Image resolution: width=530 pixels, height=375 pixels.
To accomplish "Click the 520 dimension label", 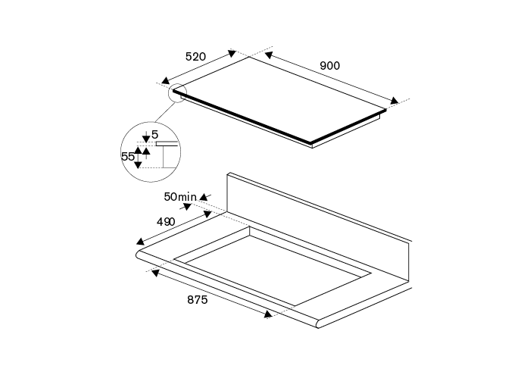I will coord(196,56).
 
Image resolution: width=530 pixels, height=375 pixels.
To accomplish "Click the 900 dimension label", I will coord(329,66).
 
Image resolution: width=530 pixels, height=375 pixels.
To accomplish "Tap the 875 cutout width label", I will coord(197,300).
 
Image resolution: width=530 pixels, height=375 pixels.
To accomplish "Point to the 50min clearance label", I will coord(180,197).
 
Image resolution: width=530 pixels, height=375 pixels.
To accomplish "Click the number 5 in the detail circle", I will coord(154,134).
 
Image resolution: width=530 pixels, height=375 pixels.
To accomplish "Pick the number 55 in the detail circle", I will coord(128,157).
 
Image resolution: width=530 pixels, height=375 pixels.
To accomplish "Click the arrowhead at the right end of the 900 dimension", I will coord(394,101).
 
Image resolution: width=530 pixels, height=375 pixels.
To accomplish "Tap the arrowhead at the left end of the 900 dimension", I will coord(268,55).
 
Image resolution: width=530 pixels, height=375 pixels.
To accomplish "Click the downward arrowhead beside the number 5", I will coord(146,139).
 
